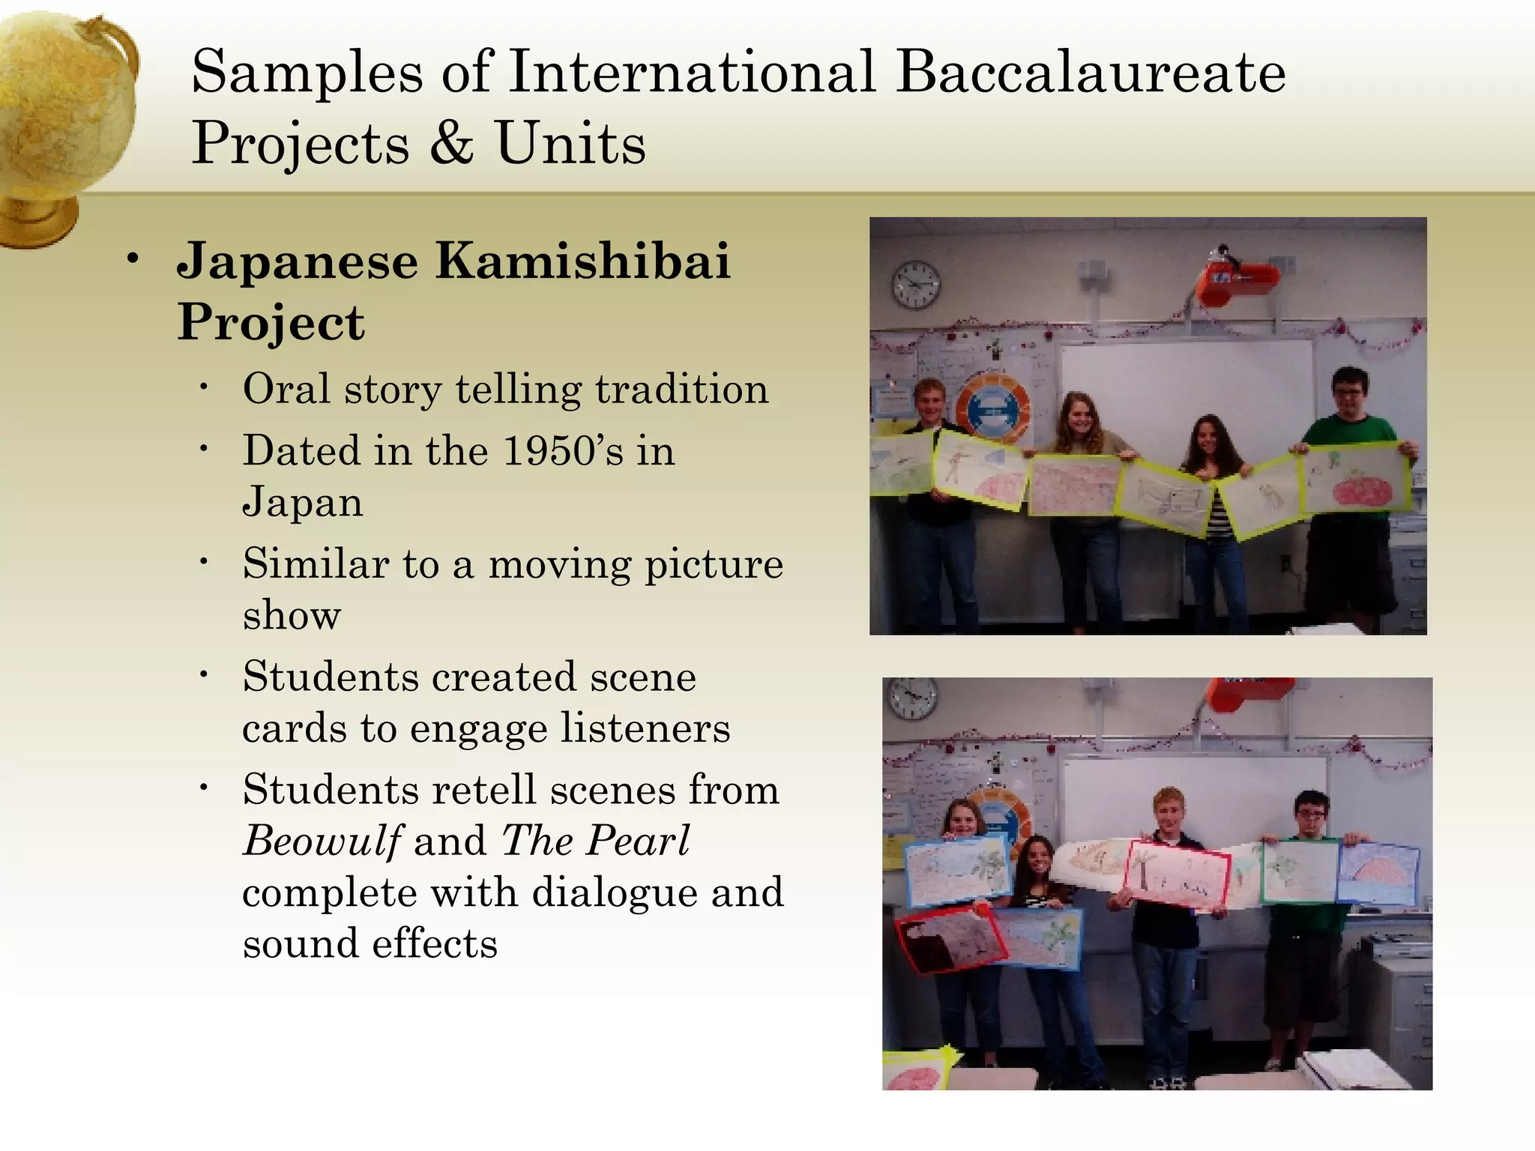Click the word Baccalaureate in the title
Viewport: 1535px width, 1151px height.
pos(1091,72)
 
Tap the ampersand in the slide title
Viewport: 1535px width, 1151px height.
pos(452,142)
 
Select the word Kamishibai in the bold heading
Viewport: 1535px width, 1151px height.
pos(583,261)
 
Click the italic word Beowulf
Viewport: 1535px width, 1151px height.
pos(322,840)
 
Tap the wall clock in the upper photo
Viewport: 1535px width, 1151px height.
pos(916,285)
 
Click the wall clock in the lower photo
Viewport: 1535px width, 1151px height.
pos(912,698)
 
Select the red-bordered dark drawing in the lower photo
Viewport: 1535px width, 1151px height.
pos(950,940)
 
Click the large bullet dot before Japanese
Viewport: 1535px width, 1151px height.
pos(133,259)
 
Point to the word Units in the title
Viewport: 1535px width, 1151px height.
pos(570,142)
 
